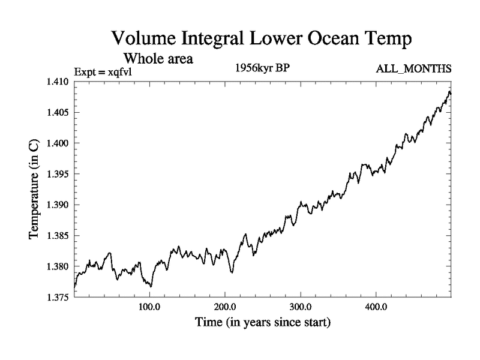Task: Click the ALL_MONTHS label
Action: pos(413,69)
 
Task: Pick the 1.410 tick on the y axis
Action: pos(58,82)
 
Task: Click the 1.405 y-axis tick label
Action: pos(58,112)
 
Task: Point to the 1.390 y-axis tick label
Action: pos(58,205)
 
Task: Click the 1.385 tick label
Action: pos(58,236)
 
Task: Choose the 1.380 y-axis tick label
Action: pos(58,266)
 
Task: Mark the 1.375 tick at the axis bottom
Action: pos(58,297)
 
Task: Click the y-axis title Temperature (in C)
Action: pos(34,189)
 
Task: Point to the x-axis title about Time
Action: pos(262,323)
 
